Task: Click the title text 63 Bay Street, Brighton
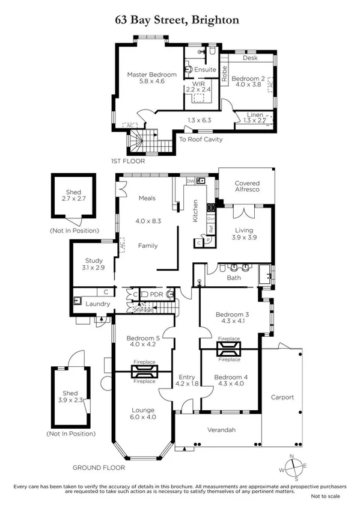pos(177,20)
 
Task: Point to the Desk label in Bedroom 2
pos(249,59)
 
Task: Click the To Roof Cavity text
pos(201,140)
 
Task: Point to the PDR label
pos(156,295)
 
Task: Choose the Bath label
pos(234,278)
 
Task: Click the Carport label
pos(282,397)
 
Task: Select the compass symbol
pos(292,466)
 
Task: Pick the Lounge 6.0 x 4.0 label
pos(144,414)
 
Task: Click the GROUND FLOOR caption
pos(99,467)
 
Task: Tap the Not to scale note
pos(325,496)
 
